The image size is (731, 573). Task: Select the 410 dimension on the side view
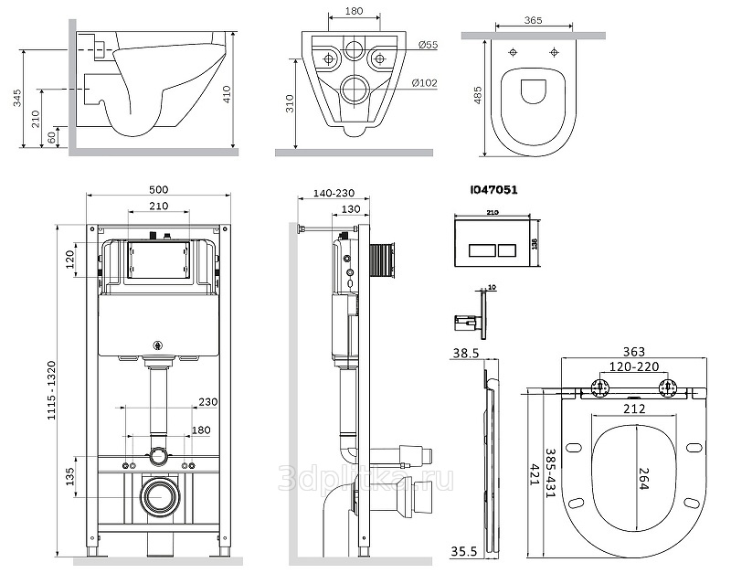tap(250, 91)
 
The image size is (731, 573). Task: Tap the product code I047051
tap(494, 190)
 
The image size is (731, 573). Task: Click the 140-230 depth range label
tap(333, 194)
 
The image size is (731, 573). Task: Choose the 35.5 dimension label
tap(468, 551)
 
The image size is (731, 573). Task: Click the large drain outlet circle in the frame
tap(159, 496)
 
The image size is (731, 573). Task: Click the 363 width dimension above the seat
tap(634, 352)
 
